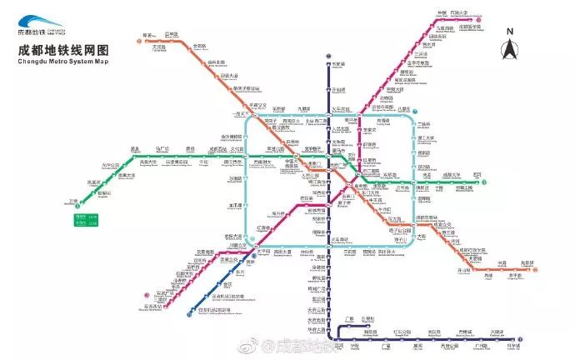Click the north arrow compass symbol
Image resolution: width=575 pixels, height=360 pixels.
[x=508, y=50]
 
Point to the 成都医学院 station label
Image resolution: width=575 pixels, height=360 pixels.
[x=471, y=27]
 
